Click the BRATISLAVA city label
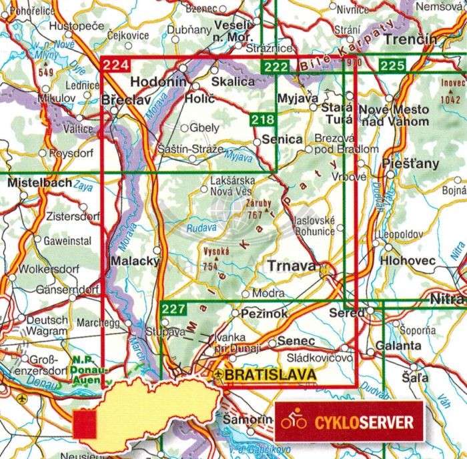click(x=270, y=376)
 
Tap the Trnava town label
click(x=291, y=266)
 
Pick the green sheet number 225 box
click(x=392, y=65)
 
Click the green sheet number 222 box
click(x=276, y=66)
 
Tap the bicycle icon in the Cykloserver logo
click(x=294, y=422)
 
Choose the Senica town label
click(x=282, y=139)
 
